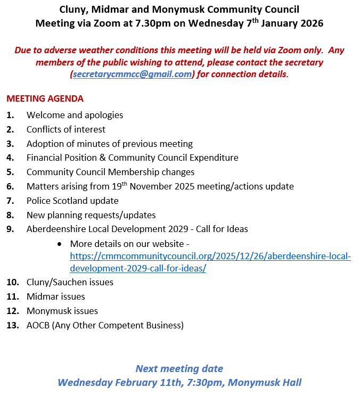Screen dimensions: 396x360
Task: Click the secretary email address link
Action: click(x=132, y=75)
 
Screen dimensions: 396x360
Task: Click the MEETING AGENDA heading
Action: click(x=45, y=98)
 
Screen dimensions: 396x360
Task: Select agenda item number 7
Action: click(x=10, y=201)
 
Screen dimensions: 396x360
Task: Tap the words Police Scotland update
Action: click(x=72, y=201)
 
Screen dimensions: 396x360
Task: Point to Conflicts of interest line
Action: click(x=66, y=129)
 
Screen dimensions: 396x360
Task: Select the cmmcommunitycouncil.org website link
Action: click(x=210, y=256)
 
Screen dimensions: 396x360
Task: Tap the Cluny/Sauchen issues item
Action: click(x=70, y=282)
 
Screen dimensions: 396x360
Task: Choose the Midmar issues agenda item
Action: click(x=56, y=296)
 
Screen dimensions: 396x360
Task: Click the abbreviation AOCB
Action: click(x=38, y=325)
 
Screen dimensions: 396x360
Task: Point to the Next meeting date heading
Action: click(x=179, y=368)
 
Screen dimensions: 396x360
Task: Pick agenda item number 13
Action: click(x=12, y=325)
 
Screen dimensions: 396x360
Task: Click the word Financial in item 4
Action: click(x=46, y=158)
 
